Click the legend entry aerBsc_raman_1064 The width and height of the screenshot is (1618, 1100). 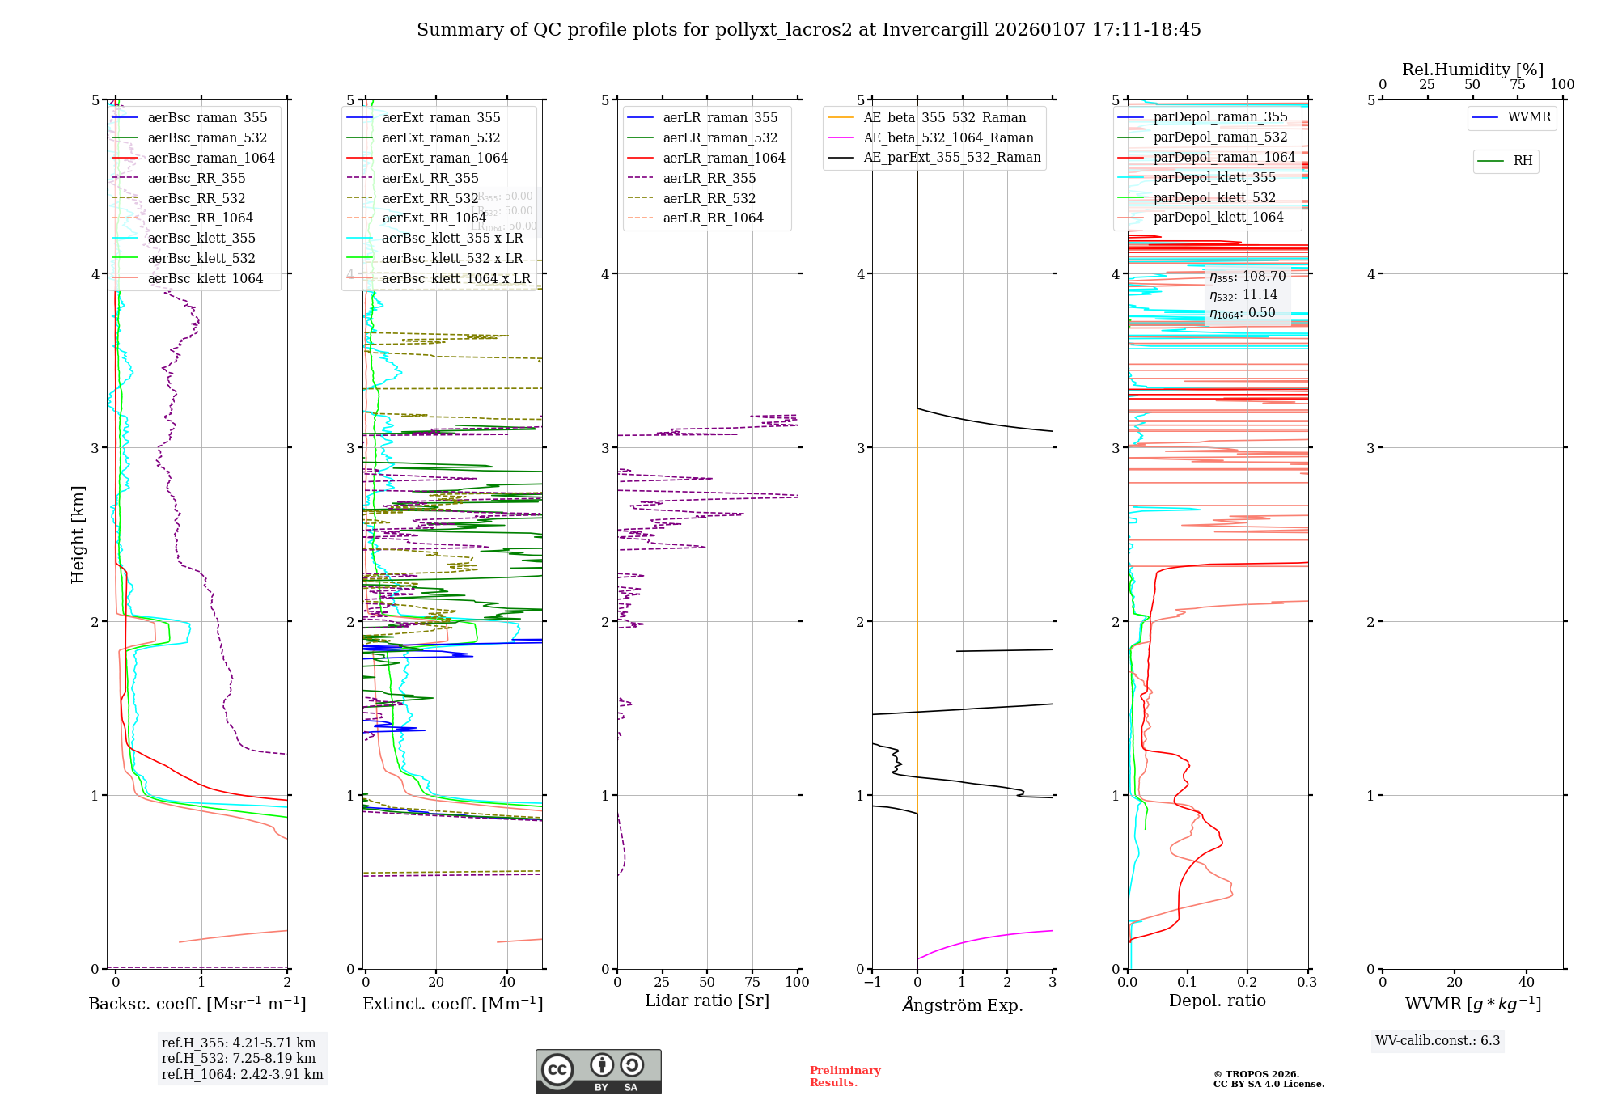click(210, 158)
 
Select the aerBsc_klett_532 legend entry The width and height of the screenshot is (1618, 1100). click(201, 258)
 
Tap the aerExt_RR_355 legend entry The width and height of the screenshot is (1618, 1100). click(430, 178)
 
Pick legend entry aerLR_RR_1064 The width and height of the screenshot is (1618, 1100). click(713, 218)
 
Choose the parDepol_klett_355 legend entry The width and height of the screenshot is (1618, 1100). click(1213, 177)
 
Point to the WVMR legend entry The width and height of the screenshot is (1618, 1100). click(1529, 117)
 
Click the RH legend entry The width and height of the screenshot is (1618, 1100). click(1523, 161)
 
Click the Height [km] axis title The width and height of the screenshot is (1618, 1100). click(78, 534)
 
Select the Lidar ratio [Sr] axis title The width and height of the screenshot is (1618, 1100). click(706, 1001)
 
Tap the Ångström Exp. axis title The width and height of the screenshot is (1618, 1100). click(962, 1005)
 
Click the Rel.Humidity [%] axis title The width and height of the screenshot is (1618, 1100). click(1472, 70)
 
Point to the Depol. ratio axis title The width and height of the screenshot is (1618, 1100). click(1217, 1001)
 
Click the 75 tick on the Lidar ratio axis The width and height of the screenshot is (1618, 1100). click(752, 982)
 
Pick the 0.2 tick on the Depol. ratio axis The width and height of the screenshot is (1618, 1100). click(1247, 982)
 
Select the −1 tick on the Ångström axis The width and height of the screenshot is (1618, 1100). click(871, 982)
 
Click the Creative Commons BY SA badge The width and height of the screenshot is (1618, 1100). click(598, 1071)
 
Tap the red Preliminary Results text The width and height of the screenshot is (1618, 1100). click(845, 1076)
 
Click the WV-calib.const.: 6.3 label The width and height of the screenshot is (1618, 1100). click(1437, 1040)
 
